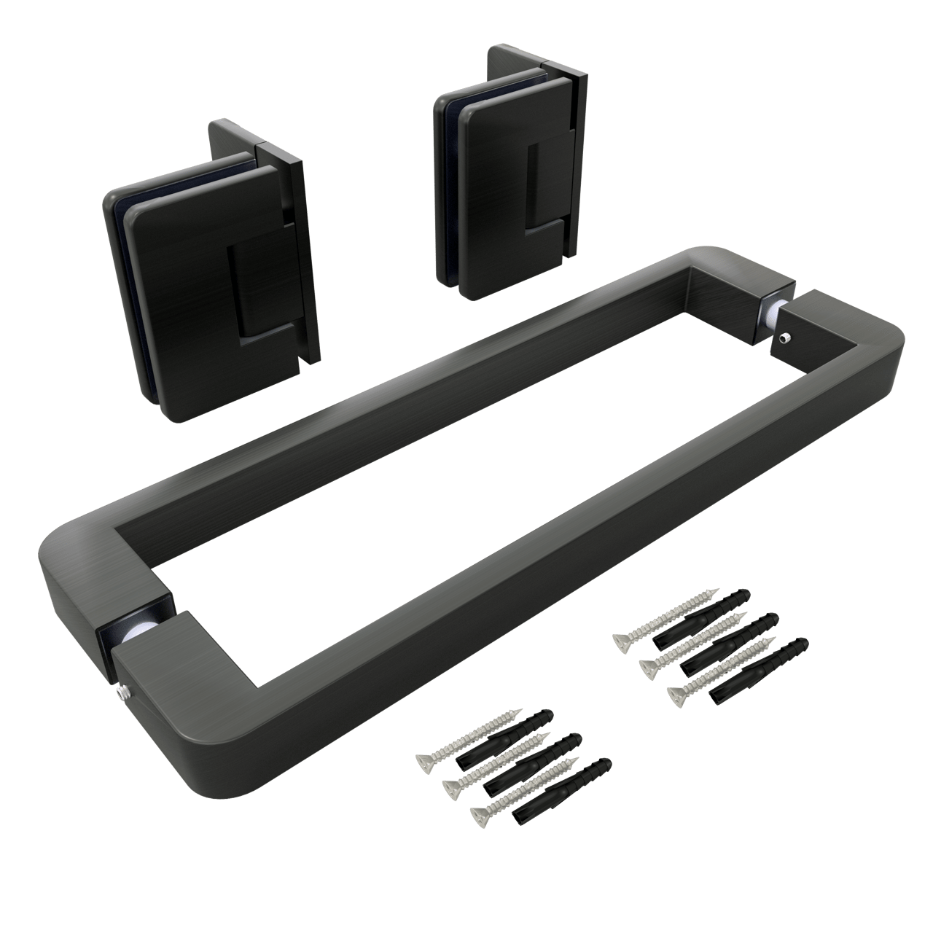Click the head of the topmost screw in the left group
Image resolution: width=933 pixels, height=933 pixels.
tap(424, 763)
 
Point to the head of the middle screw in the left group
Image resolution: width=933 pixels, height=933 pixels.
tap(452, 787)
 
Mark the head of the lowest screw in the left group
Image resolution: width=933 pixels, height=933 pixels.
tap(480, 814)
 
